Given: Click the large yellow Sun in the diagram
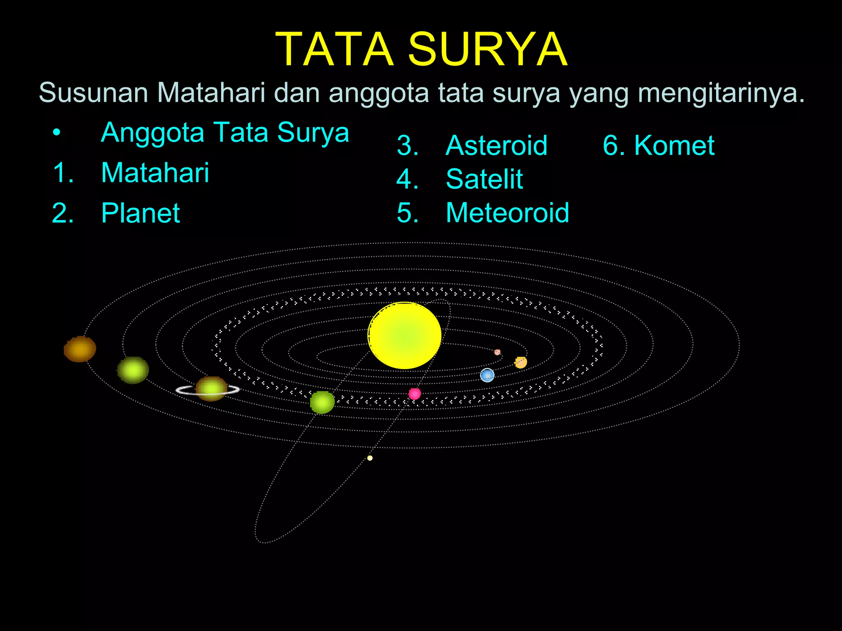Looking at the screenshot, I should [x=404, y=335].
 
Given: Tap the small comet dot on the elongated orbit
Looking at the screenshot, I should [x=370, y=458].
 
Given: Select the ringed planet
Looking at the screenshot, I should [x=211, y=389].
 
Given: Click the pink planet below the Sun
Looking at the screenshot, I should [x=414, y=394].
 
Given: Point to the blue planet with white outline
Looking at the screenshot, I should [x=487, y=375].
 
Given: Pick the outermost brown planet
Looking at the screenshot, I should [x=80, y=349].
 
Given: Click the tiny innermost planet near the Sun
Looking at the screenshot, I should [x=497, y=352].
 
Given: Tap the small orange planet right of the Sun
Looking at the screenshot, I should [x=521, y=362].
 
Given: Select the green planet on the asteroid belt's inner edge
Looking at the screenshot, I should [x=322, y=402].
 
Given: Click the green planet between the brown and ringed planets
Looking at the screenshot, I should [x=133, y=370].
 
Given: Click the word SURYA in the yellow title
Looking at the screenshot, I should [x=488, y=50].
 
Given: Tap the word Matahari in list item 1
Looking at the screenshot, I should [x=155, y=173].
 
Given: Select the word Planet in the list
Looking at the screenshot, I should [x=140, y=213].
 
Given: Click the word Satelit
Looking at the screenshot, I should [x=484, y=179].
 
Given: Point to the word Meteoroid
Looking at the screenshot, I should [x=507, y=213].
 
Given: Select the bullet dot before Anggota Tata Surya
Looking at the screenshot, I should [x=57, y=133].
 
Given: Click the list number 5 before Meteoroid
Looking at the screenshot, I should [x=407, y=213].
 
